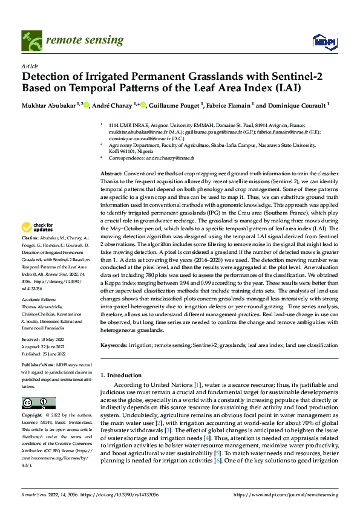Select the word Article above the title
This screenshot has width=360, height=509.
[30, 65]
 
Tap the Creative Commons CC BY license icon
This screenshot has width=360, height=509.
[38, 403]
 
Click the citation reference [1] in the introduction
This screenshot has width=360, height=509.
[197, 384]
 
